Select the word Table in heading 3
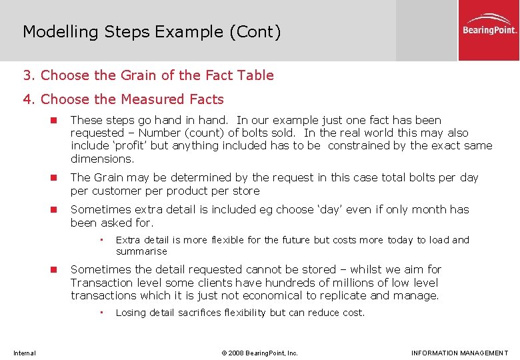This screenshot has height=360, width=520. click(x=255, y=75)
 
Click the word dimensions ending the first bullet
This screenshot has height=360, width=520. click(x=101, y=159)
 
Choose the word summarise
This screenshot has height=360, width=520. click(x=141, y=251)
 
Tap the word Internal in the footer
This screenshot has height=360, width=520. click(x=24, y=353)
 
